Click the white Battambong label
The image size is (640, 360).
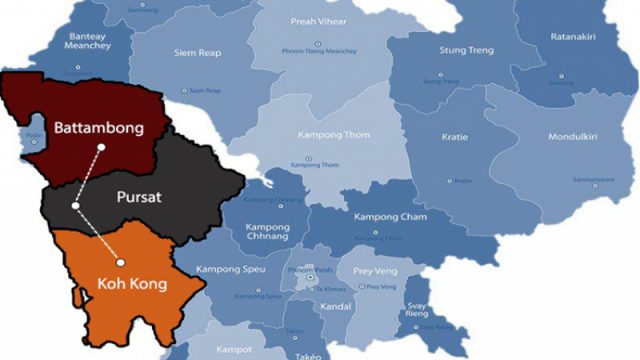99,128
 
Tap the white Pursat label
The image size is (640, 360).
138,197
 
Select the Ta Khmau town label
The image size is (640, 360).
331,288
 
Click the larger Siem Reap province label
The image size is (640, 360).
197,53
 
